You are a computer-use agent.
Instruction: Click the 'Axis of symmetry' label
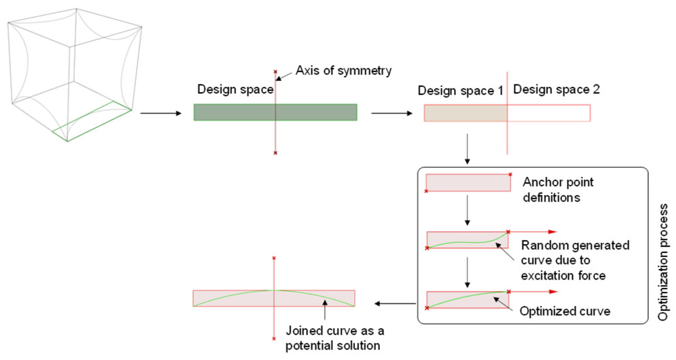[x=343, y=70]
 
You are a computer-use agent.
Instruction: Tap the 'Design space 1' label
[x=460, y=91]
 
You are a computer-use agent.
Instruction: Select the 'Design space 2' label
[x=556, y=89]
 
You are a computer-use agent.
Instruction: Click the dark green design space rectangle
[x=236, y=112]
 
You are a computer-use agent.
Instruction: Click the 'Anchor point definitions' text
[x=558, y=190]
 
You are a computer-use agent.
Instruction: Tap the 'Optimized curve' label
[x=565, y=311]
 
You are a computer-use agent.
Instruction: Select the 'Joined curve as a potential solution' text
[x=334, y=338]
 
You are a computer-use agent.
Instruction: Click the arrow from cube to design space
[x=161, y=113]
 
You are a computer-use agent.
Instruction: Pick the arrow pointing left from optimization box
[x=395, y=304]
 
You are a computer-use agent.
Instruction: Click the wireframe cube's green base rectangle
[x=92, y=121]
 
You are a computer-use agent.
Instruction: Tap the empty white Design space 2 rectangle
[x=548, y=113]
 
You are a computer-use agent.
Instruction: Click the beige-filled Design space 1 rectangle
[x=466, y=113]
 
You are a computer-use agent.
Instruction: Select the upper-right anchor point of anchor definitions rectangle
[x=510, y=174]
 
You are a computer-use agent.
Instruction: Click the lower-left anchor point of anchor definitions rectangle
[x=426, y=191]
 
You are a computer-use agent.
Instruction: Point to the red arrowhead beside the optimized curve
[x=553, y=292]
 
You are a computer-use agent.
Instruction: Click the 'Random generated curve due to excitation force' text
[x=575, y=260]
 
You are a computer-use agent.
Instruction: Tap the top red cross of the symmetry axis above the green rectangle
[x=275, y=72]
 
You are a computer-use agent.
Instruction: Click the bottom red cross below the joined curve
[x=274, y=339]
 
